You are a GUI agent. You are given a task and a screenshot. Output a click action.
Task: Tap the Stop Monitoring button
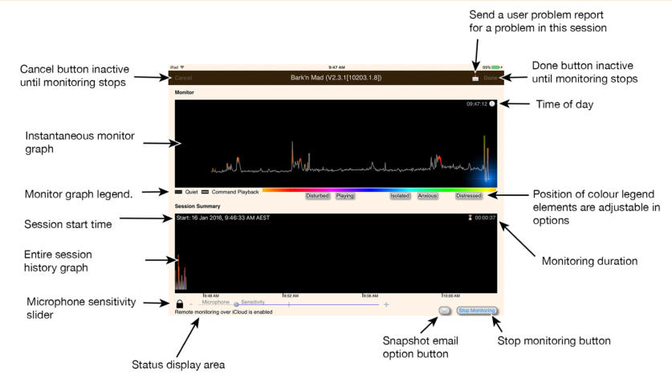[x=476, y=310]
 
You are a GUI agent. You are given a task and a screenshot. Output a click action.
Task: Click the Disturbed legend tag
[x=318, y=195]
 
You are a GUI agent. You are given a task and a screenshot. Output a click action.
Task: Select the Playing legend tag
[x=345, y=195]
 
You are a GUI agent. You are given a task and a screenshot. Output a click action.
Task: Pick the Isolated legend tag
[x=400, y=195]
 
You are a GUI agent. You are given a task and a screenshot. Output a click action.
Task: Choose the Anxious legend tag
[x=428, y=195]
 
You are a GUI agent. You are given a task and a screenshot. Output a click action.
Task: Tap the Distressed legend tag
[x=469, y=195]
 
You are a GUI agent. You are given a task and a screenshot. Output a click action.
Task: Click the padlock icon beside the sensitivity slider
[x=181, y=304]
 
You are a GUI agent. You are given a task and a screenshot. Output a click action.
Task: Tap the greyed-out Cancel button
[x=183, y=78]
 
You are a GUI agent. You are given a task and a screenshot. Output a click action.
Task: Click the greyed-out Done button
[x=490, y=78]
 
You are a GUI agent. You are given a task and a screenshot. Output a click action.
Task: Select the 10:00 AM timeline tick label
[x=451, y=295]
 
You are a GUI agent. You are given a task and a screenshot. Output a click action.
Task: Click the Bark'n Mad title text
[x=336, y=78]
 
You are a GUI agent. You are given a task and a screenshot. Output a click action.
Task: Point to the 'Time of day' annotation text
[x=566, y=104]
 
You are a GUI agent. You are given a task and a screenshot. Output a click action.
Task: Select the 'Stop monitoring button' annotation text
[x=554, y=340]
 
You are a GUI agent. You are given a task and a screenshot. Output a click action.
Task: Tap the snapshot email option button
[x=443, y=310]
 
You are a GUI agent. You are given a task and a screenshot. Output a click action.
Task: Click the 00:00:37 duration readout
[x=485, y=218]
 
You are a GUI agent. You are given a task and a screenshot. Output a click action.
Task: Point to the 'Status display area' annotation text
[x=177, y=365]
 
